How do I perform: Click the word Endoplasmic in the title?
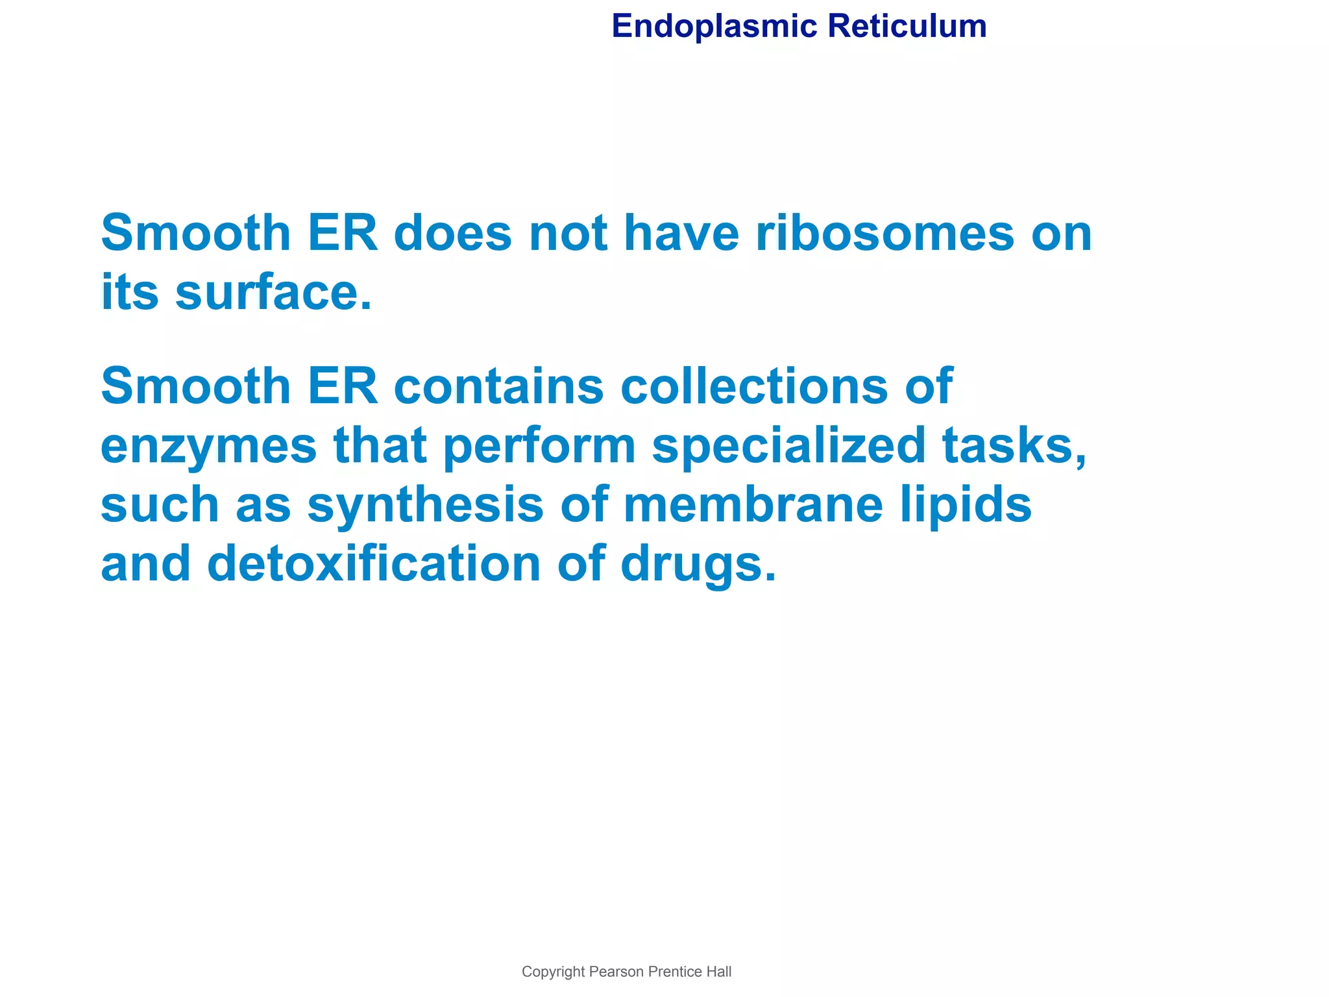click(714, 27)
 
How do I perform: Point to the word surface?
click(274, 293)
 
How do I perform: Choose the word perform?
click(539, 447)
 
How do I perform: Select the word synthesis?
click(425, 505)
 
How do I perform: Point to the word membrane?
click(753, 505)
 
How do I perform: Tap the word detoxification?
click(374, 563)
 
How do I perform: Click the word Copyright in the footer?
click(553, 972)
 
